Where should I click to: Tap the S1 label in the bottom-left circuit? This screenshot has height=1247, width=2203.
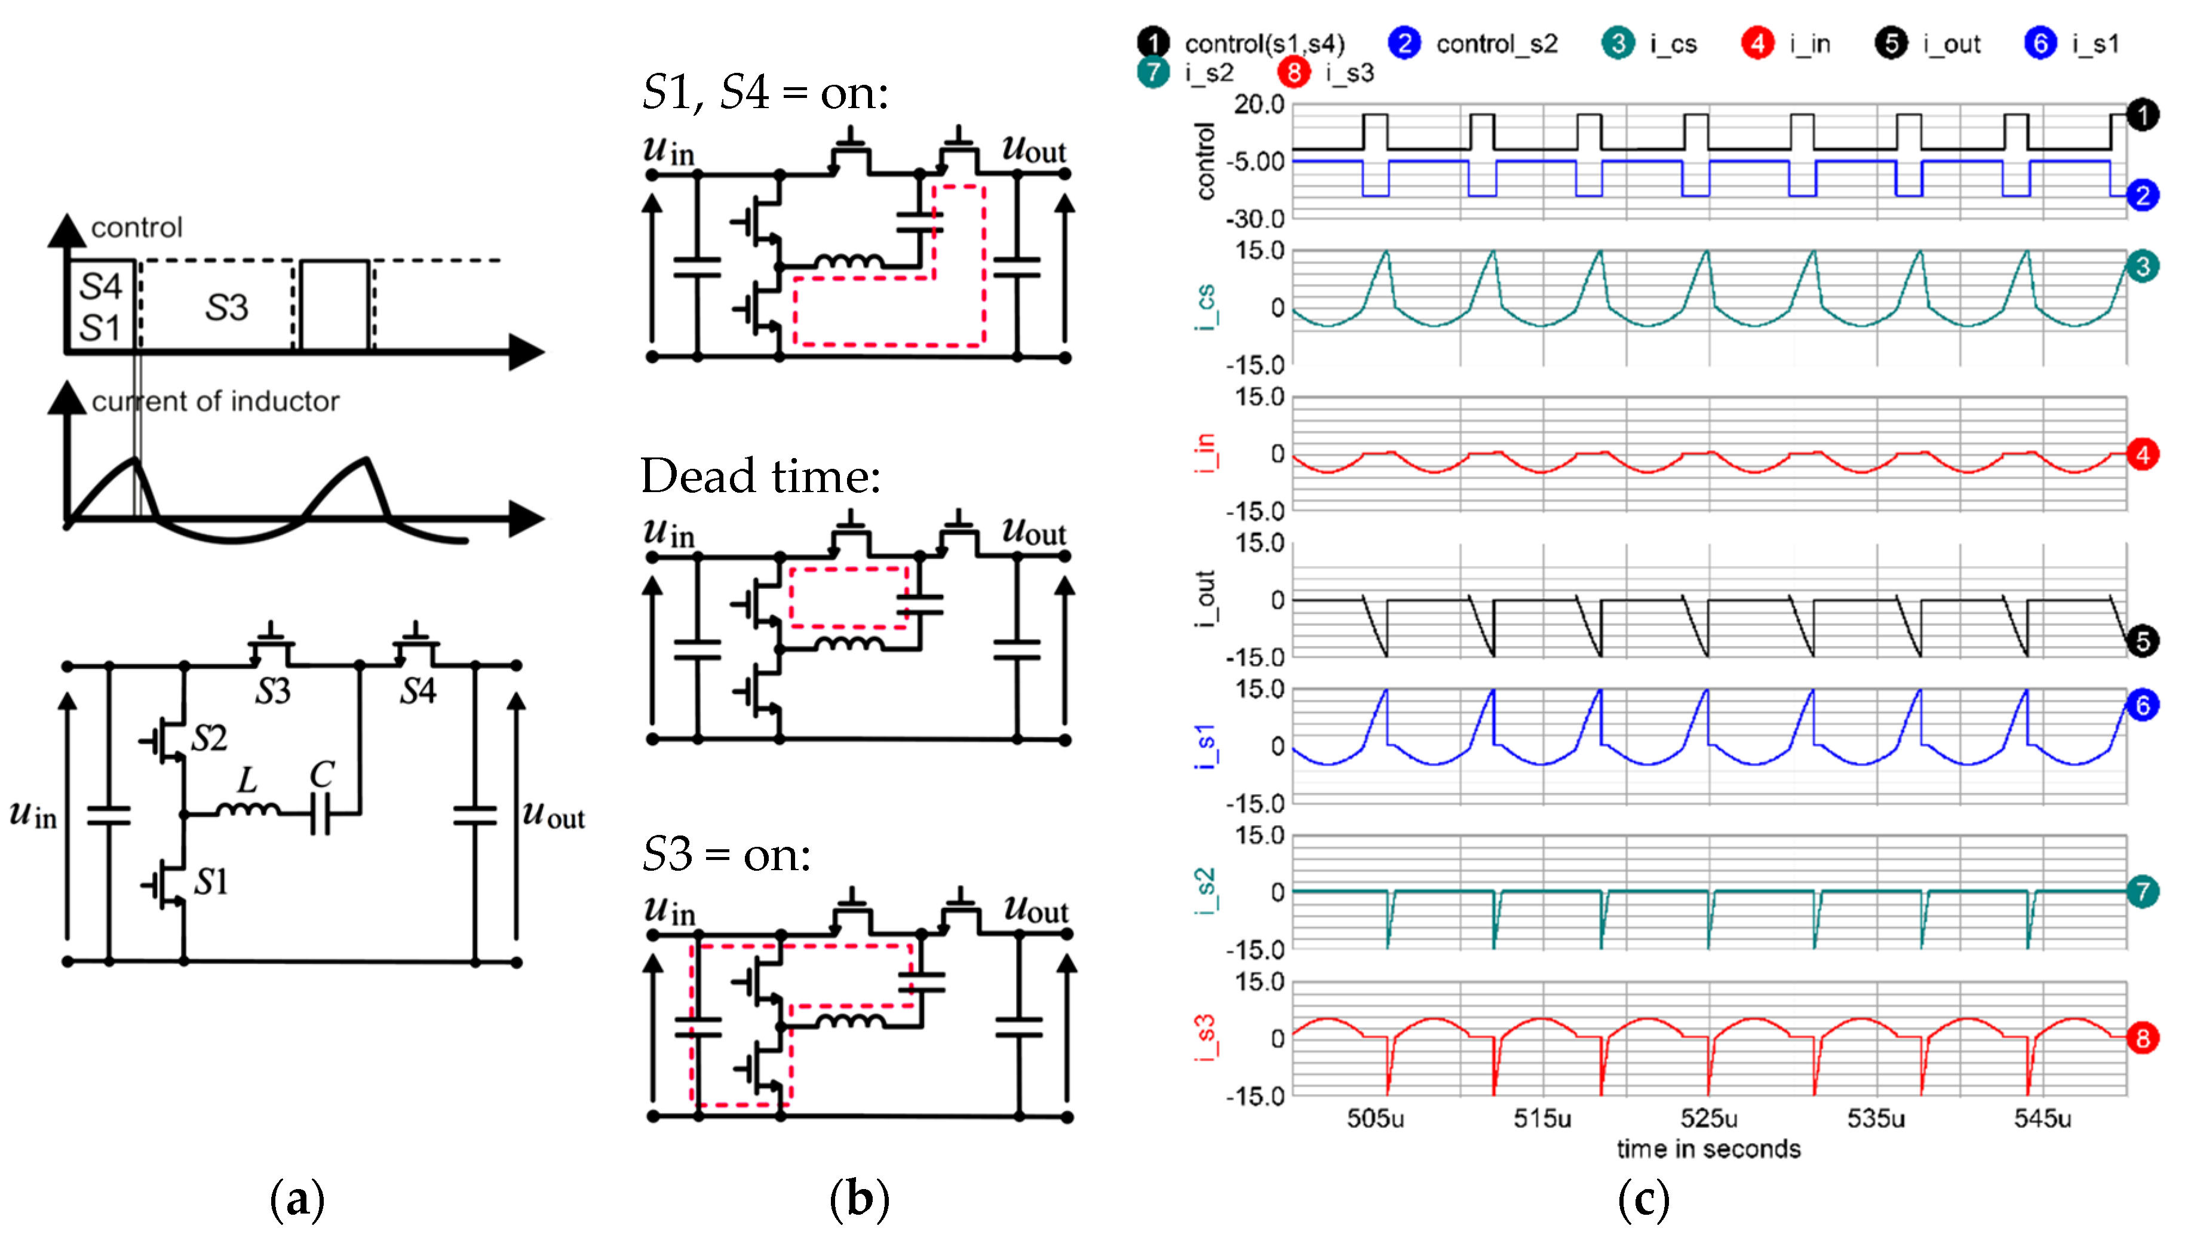pos(211,881)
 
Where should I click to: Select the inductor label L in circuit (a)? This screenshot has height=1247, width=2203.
pos(247,780)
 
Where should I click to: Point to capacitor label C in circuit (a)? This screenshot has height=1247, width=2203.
pos(321,775)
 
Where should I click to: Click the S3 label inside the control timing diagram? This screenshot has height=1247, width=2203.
pos(226,306)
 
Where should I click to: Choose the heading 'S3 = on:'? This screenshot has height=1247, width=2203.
pos(726,854)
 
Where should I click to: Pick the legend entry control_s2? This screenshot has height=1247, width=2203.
pos(1496,44)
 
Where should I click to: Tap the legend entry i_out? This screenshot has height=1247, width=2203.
pos(1951,44)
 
